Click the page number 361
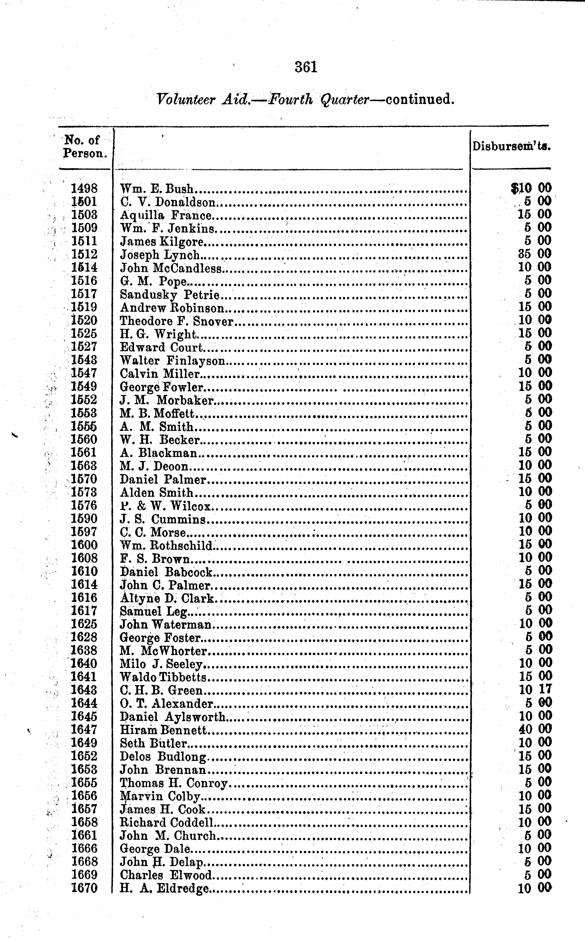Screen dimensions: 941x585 click(306, 67)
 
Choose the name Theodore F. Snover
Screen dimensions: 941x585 click(176, 322)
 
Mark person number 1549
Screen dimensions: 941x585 click(84, 387)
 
